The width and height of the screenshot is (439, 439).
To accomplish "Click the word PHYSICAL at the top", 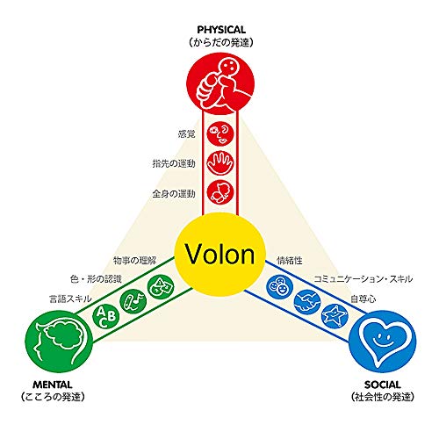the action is click(221, 30).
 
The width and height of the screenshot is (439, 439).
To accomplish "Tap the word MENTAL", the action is click(53, 385).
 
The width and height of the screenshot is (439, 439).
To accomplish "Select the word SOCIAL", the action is click(383, 385).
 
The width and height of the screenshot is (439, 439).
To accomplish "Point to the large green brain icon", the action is click(59, 342).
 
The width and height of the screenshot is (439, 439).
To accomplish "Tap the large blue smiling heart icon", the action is click(382, 342).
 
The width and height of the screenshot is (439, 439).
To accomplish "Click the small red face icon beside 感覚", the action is click(220, 133).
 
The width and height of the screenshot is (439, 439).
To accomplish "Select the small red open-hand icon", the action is click(220, 162).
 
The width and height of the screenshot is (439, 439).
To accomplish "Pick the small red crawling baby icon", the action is click(220, 192).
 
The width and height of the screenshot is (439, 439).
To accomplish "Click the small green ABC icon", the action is click(106, 316).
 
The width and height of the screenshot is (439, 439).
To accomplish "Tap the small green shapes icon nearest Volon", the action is click(161, 286).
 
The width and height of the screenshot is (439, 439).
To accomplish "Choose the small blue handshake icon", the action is click(307, 302).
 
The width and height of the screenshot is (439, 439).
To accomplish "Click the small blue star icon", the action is click(335, 317).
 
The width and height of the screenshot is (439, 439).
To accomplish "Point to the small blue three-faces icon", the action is click(280, 286).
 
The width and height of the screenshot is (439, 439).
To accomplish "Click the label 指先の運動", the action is click(174, 163).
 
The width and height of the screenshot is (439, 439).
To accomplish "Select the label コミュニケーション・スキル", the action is click(363, 279).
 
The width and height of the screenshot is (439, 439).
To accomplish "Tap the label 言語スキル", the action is click(70, 299).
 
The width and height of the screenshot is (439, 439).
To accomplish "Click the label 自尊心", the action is click(363, 299).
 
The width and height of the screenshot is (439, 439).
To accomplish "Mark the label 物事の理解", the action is click(135, 260).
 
